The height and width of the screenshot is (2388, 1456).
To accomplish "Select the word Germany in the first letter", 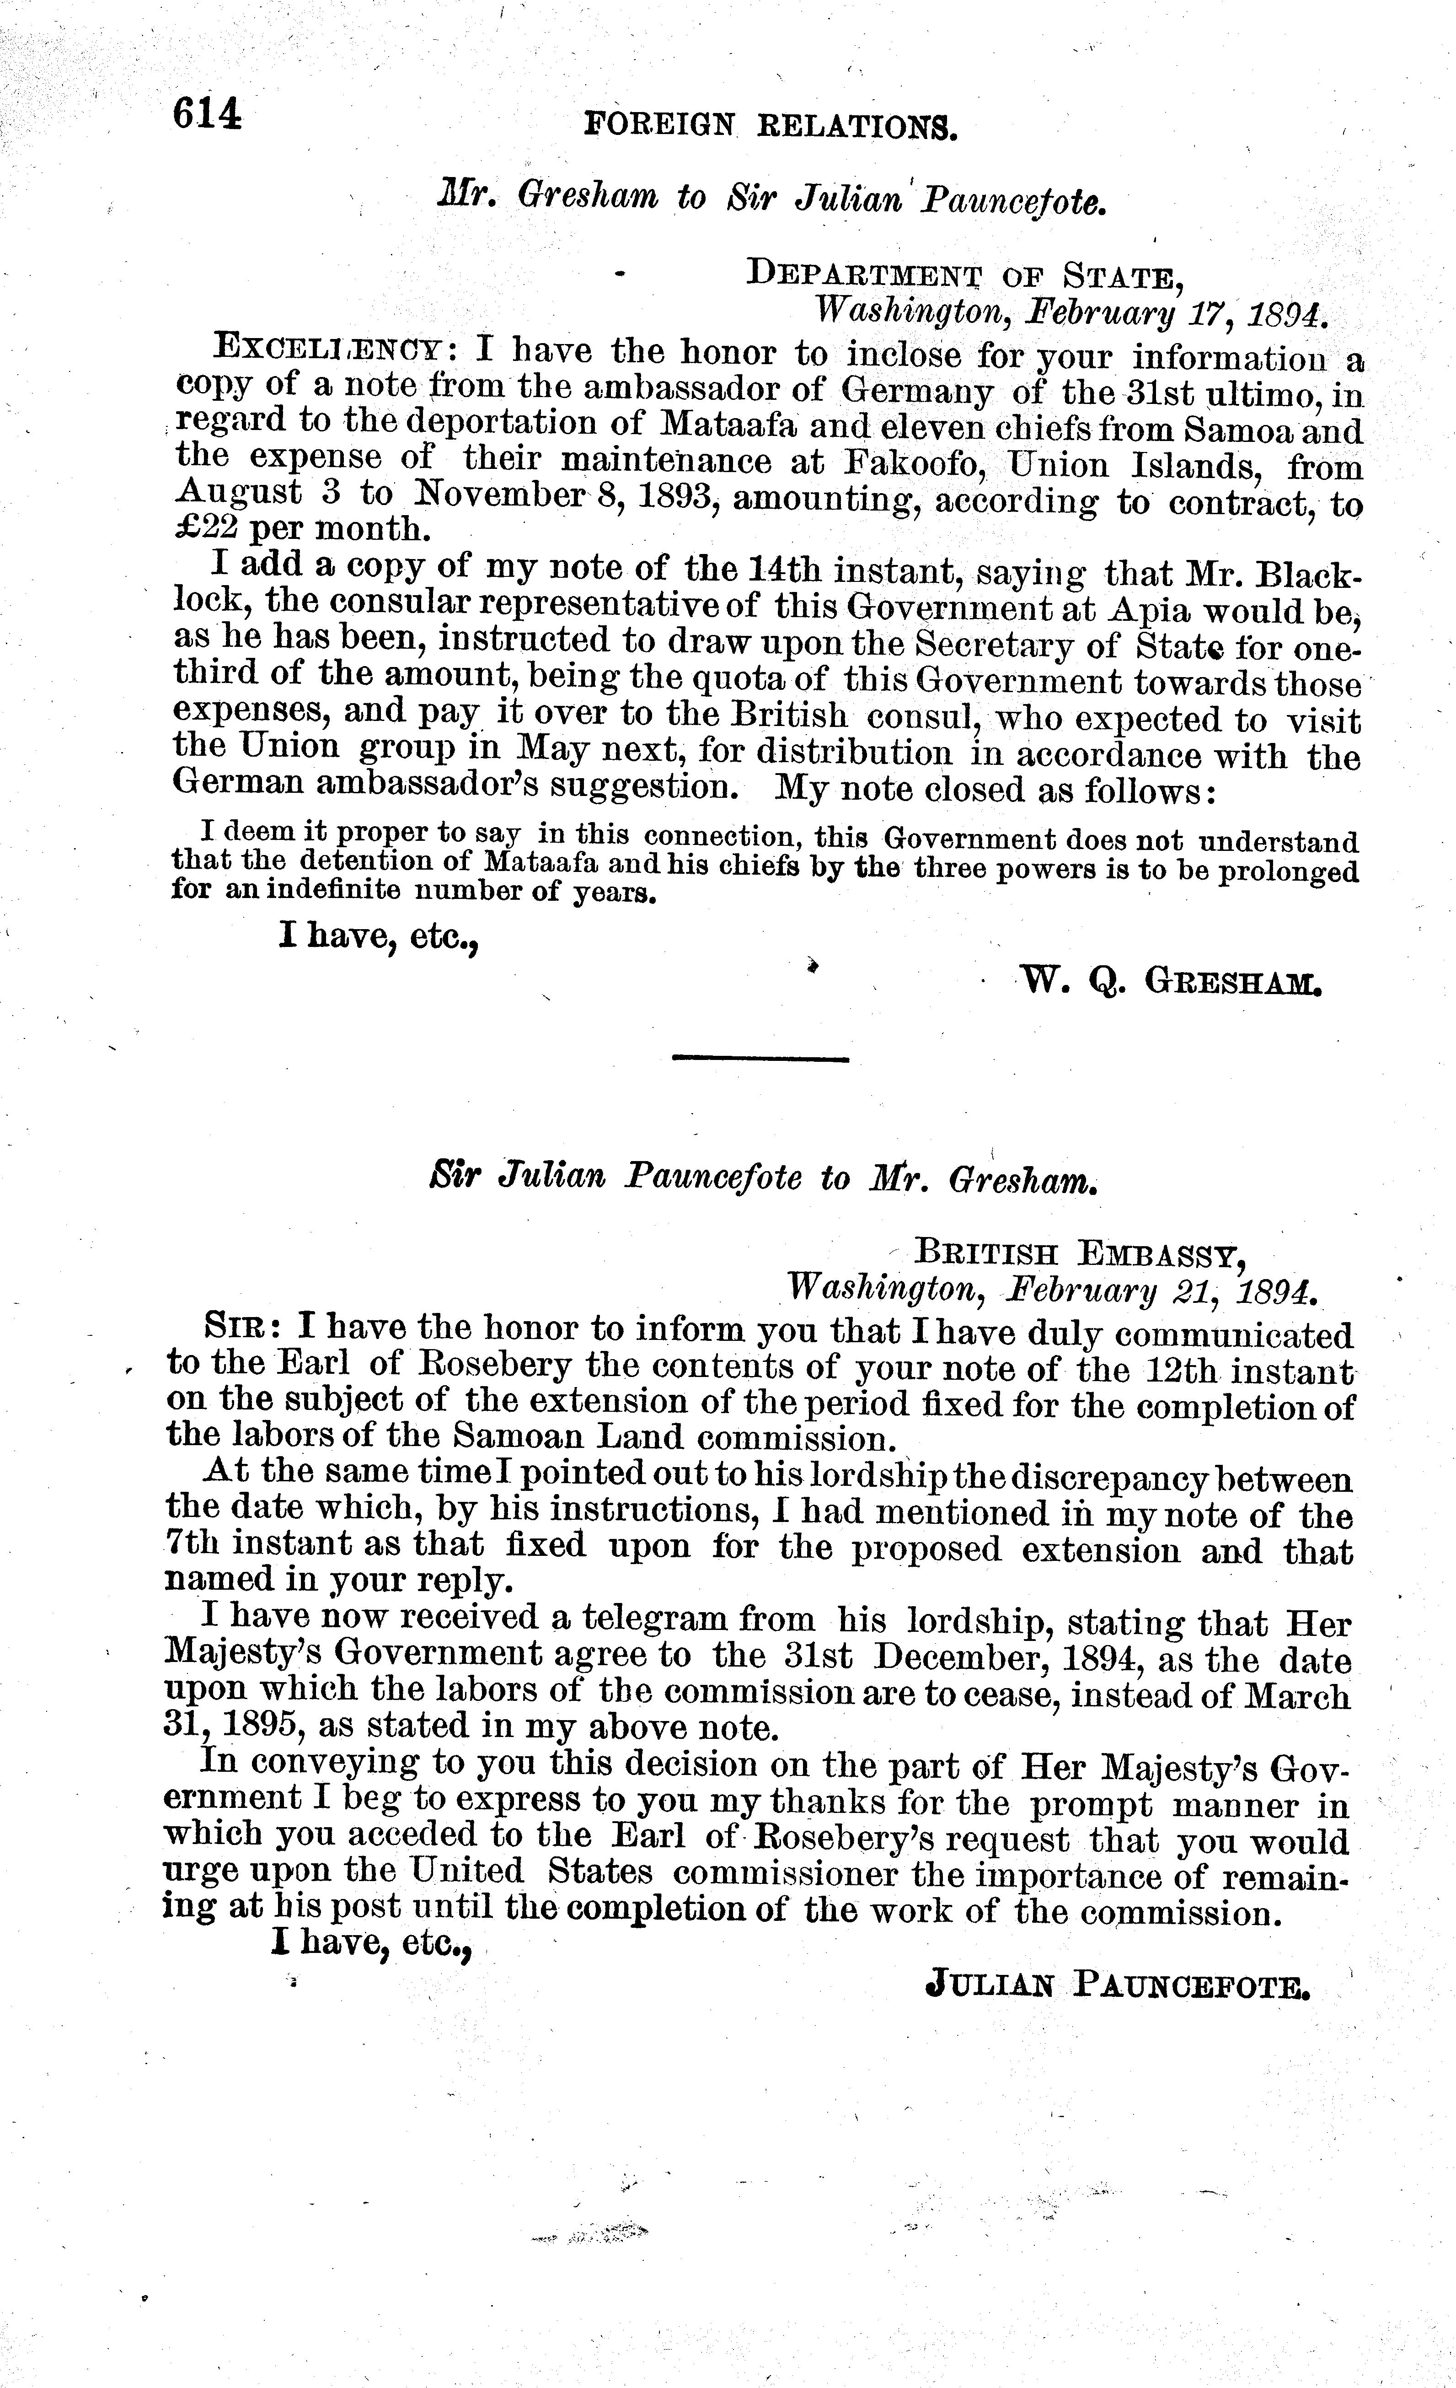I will point(915,393).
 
